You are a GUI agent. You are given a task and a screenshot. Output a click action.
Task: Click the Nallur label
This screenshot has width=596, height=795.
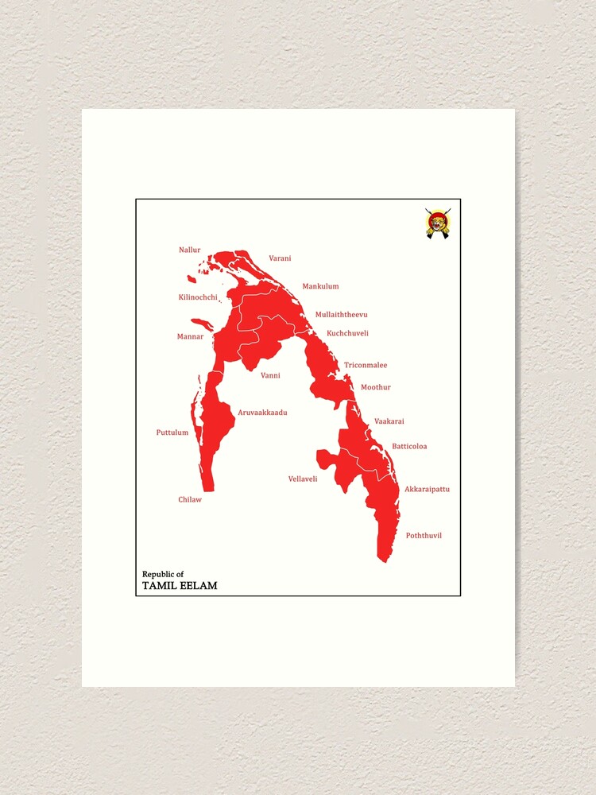(190, 250)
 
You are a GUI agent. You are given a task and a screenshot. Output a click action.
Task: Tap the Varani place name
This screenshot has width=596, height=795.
(280, 258)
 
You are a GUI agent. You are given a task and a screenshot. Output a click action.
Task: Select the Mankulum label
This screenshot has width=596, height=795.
(320, 286)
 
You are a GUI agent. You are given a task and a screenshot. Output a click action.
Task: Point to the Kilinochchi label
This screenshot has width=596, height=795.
(198, 297)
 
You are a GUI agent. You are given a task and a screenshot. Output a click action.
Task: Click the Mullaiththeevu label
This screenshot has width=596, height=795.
(341, 315)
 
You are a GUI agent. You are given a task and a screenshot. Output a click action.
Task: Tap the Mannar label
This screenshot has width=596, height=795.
(190, 336)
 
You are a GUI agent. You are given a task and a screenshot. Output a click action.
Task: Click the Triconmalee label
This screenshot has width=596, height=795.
(366, 366)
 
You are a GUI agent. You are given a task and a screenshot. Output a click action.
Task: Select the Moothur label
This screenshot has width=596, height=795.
(376, 387)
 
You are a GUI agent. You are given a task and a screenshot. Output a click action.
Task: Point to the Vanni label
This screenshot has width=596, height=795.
(270, 375)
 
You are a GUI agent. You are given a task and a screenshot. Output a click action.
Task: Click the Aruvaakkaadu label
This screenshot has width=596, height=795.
(262, 413)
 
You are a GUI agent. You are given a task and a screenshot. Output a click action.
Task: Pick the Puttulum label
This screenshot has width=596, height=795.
(172, 432)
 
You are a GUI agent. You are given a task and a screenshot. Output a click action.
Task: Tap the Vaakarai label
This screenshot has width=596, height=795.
(389, 421)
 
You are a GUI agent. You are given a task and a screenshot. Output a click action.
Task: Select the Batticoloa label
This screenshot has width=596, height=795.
(409, 446)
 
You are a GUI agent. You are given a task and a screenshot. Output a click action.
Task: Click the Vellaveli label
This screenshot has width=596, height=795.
(303, 479)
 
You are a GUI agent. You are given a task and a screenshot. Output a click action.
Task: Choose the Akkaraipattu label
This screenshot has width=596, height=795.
(427, 489)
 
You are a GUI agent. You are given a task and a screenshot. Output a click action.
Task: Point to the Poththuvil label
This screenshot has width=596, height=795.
(424, 536)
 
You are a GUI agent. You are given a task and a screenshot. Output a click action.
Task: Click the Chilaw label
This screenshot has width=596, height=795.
(190, 499)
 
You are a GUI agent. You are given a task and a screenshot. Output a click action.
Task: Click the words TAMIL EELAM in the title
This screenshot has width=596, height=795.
(180, 586)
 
